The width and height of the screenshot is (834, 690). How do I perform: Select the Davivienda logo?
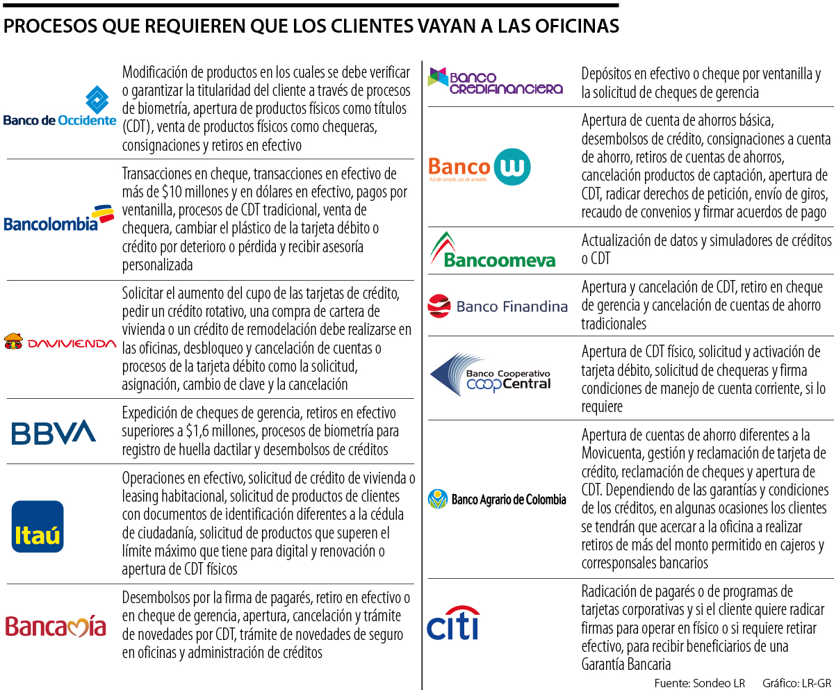coord(60,342)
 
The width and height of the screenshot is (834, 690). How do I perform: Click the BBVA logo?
coord(54,432)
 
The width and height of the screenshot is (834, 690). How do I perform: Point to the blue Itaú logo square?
coord(38,526)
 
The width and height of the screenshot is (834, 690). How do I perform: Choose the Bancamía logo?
coord(56,625)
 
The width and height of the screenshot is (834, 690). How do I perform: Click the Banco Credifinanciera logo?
coord(495,81)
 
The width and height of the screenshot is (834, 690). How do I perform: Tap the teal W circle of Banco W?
coord(512,167)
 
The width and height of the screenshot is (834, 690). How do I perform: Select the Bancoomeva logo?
coord(493,250)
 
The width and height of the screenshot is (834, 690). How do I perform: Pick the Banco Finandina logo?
coord(498,306)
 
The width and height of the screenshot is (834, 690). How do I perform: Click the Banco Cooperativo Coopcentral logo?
coord(491,375)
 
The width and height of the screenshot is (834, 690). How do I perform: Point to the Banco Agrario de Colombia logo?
coord(498,499)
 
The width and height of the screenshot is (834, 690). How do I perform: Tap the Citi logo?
coord(453,623)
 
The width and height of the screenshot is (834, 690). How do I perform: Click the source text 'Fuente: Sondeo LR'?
coord(699,682)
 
